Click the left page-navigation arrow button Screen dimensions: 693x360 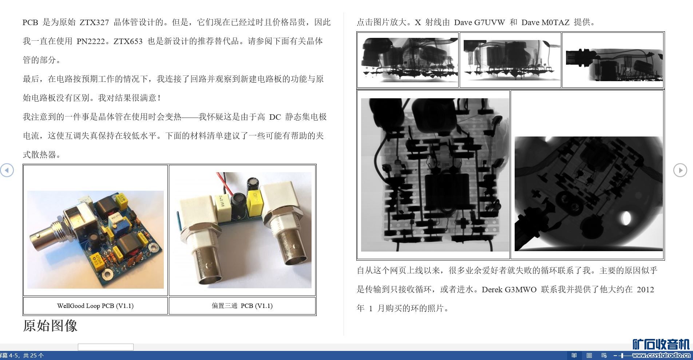(x=7, y=170)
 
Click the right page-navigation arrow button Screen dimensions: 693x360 (x=680, y=170)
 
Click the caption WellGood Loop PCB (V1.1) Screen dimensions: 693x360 (x=95, y=306)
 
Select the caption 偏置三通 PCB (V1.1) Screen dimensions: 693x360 (x=242, y=306)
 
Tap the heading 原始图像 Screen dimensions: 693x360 (x=50, y=325)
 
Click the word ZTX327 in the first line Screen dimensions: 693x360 (x=94, y=22)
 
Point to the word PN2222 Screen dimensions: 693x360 (x=91, y=41)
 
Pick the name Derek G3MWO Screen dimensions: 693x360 (x=509, y=289)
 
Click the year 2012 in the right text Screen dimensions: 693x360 (x=645, y=289)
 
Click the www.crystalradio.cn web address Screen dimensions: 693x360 (x=661, y=356)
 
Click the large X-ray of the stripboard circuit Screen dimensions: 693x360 (x=435, y=175)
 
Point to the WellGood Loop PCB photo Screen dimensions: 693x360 (x=95, y=240)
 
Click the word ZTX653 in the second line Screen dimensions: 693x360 (x=128, y=41)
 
